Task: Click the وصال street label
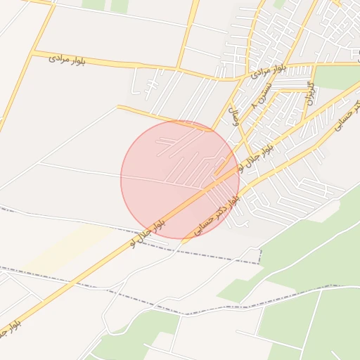point(236,116)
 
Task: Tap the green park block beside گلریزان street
point(337,77)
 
